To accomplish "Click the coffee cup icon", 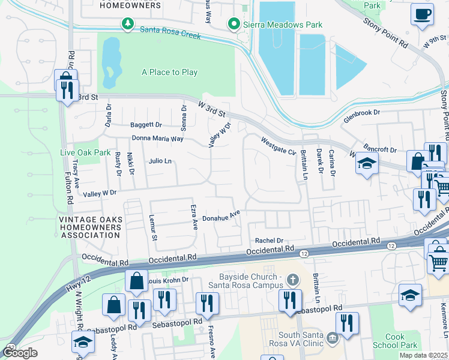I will [x=423, y=14].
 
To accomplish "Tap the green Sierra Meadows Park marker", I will [x=234, y=24].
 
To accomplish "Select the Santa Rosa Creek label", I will [x=170, y=32].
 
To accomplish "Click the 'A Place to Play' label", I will [x=170, y=72].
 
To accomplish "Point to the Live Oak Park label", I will [x=85, y=152].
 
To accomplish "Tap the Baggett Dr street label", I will [x=146, y=125].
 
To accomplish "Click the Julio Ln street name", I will [x=160, y=161].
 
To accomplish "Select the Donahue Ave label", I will [x=221, y=216].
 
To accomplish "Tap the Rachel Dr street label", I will [x=269, y=240].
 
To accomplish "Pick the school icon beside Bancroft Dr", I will [x=366, y=163].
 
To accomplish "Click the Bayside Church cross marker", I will [x=292, y=279].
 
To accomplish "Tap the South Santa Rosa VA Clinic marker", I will [x=331, y=340].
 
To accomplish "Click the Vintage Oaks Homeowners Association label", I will [x=90, y=227].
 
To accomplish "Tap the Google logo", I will [x=19, y=353].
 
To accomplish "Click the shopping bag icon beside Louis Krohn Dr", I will [x=137, y=281].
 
